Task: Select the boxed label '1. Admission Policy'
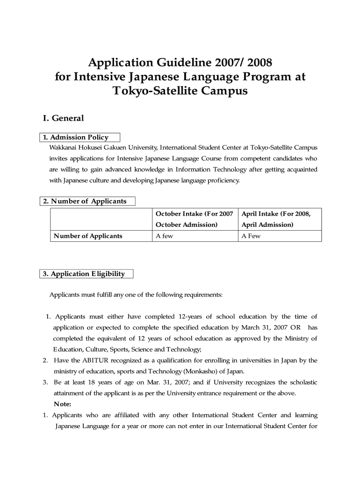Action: point(76,138)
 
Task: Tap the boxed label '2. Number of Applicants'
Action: point(85,201)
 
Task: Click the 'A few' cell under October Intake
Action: point(164,236)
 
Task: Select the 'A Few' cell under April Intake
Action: point(251,236)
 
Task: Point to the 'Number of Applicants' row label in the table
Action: point(88,236)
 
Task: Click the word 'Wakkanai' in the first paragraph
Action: point(64,147)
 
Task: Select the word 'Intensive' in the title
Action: point(94,76)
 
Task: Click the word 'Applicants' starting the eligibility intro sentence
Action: point(65,295)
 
